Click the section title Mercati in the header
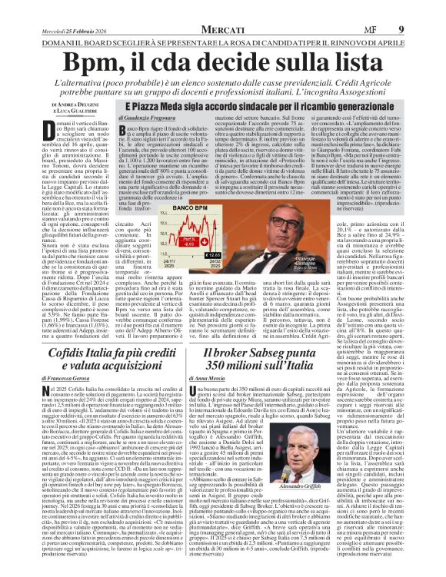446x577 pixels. click(x=223, y=8)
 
